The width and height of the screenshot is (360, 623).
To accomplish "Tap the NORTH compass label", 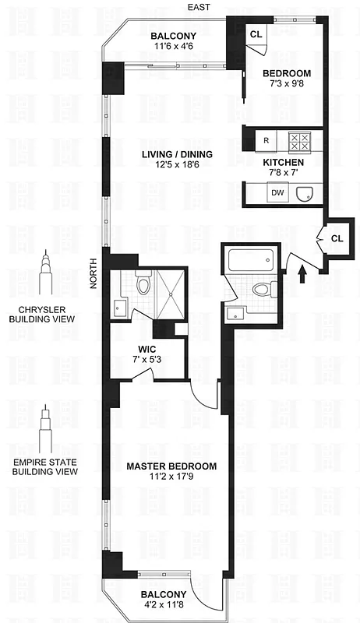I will [x=93, y=273].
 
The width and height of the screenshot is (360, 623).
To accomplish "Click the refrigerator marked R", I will [x=266, y=141].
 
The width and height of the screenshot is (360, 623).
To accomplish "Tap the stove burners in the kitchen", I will [x=300, y=141].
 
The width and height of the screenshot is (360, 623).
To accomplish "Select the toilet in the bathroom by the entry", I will [x=263, y=291].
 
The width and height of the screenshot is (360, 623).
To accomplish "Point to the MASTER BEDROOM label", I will [x=171, y=466].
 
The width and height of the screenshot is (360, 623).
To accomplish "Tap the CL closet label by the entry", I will [x=337, y=238].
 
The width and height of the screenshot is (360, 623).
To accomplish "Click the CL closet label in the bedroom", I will [x=256, y=34].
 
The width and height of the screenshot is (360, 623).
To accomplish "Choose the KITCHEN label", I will [x=284, y=162].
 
